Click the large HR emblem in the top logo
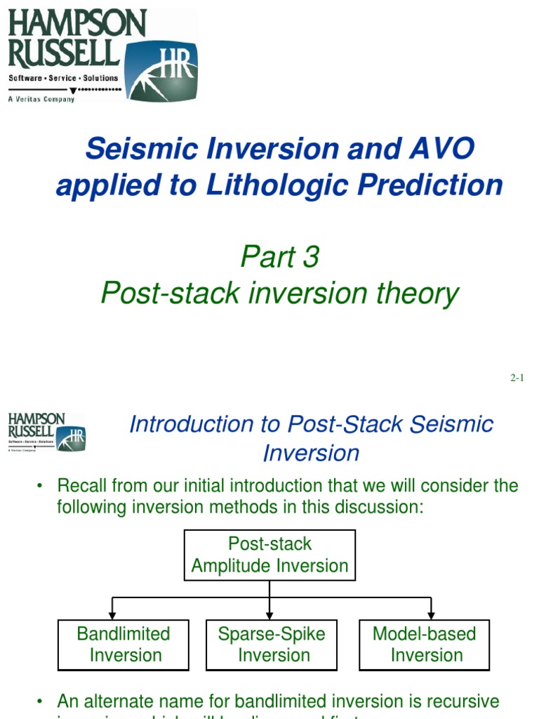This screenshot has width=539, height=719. click(x=161, y=71)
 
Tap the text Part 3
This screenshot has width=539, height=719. click(x=279, y=257)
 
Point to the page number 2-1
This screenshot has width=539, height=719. click(x=517, y=378)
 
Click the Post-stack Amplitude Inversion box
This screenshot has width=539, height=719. click(x=269, y=555)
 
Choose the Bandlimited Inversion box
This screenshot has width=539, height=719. click(x=123, y=645)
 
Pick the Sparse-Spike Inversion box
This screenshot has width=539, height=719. click(x=272, y=645)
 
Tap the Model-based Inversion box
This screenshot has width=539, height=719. click(x=424, y=645)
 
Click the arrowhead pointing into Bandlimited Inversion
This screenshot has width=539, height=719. click(x=112, y=614)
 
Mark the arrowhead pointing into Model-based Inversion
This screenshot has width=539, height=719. click(x=431, y=614)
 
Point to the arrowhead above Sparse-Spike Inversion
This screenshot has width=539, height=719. click(x=269, y=614)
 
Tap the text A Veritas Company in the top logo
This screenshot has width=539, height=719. click(x=41, y=99)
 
